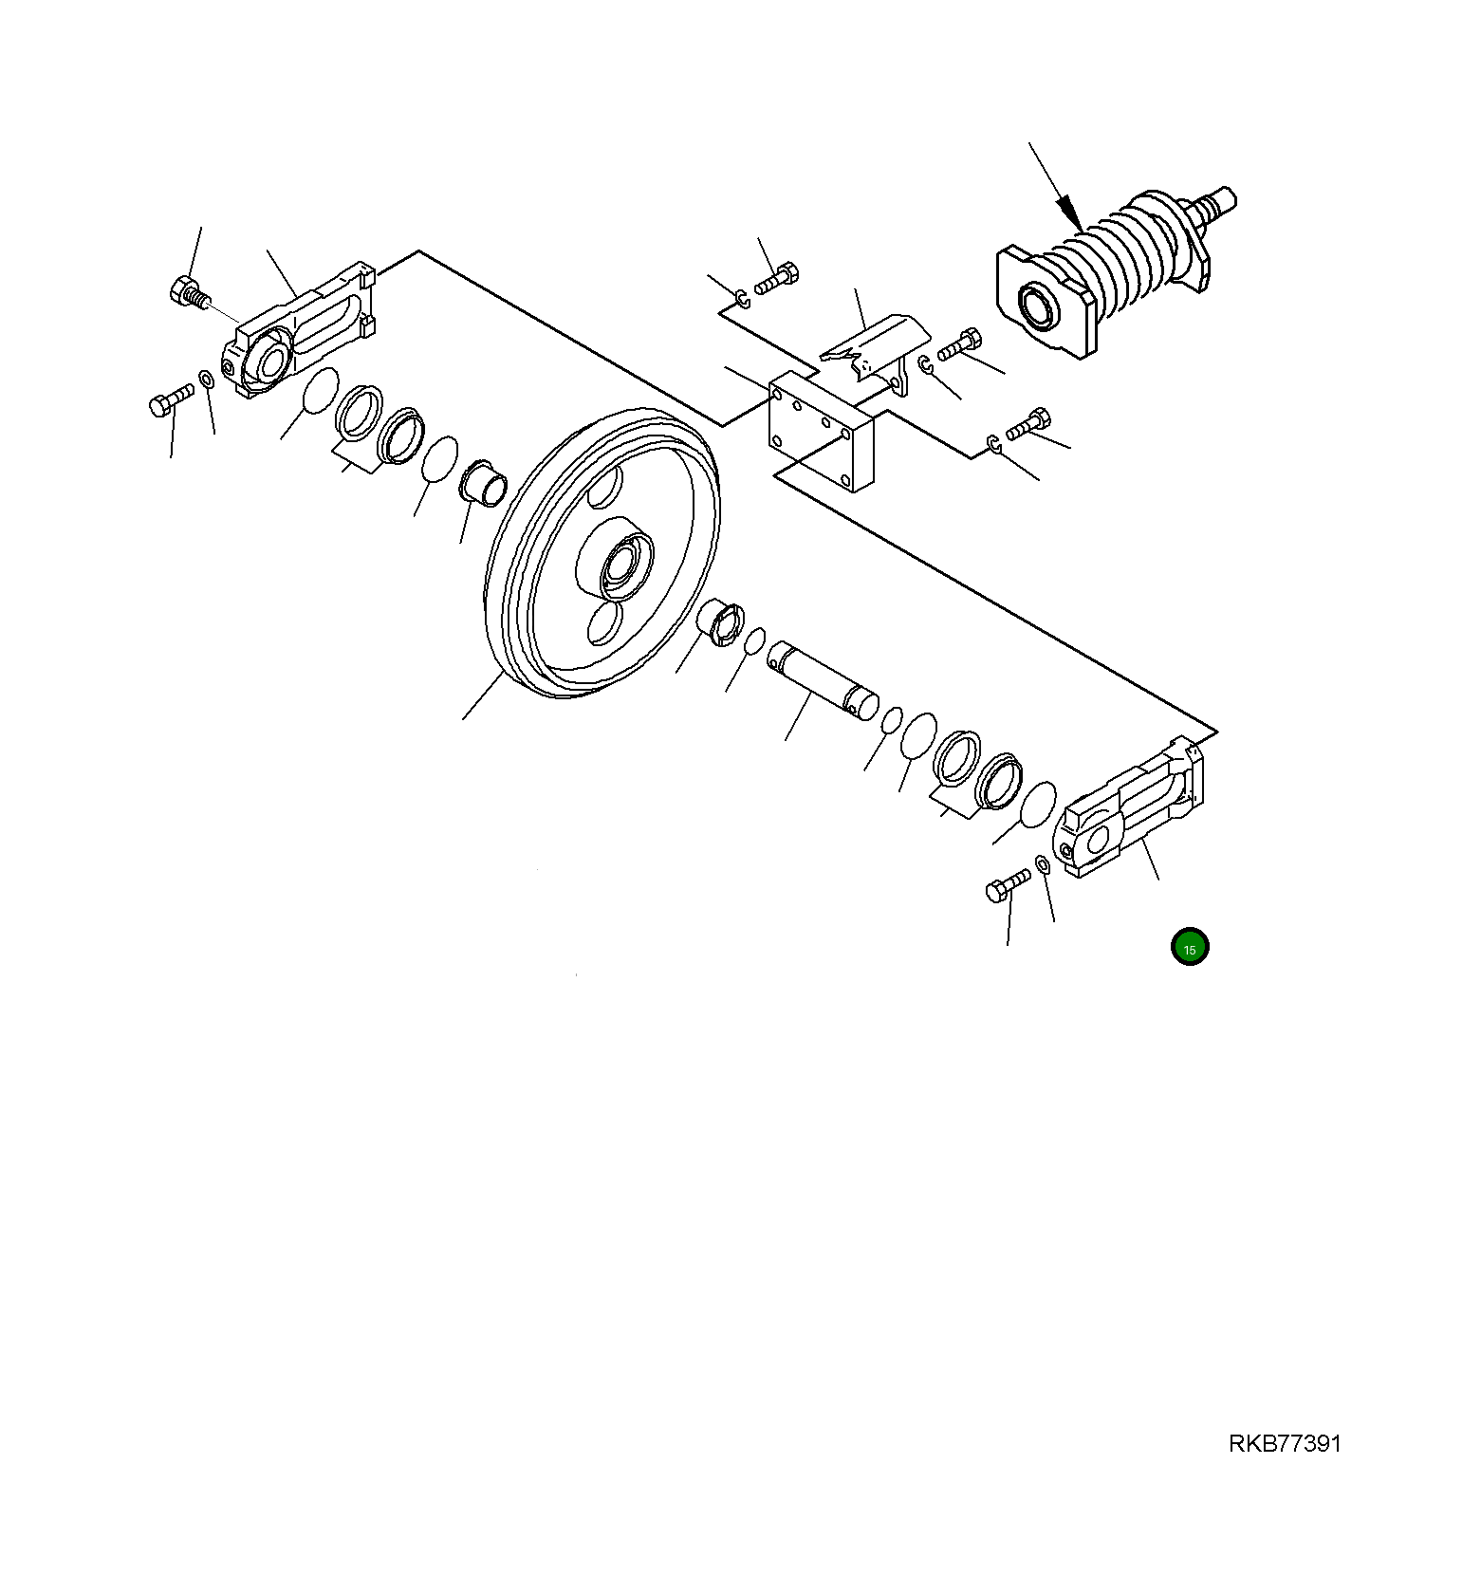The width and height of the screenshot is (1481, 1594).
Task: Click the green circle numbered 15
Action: point(1189,946)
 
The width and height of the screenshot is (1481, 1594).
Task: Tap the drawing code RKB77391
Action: point(1285,1443)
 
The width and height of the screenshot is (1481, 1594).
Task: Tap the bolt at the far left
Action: point(170,399)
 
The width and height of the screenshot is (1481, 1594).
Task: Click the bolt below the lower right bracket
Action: point(1007,886)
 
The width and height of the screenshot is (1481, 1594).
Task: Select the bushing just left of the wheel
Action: point(483,483)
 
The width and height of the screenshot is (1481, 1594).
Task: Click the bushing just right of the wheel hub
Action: point(721,622)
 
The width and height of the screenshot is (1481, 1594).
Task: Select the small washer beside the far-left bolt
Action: point(206,381)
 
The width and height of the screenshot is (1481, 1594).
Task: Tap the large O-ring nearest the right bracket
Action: point(1038,804)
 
